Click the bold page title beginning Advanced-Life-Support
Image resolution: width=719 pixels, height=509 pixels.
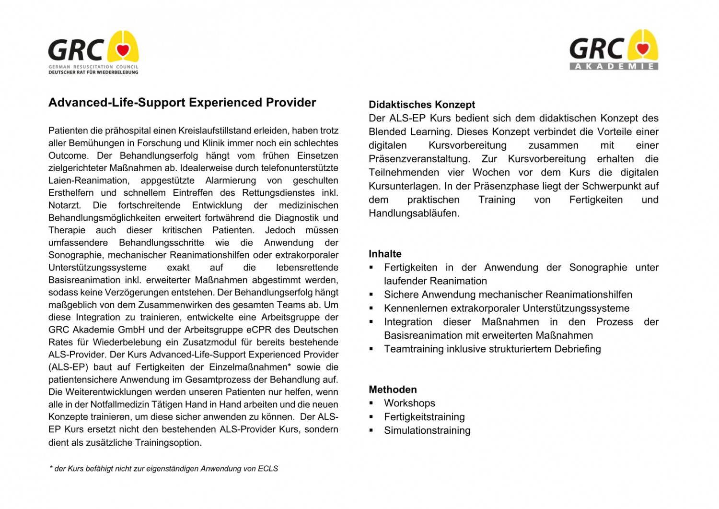tap(182, 103)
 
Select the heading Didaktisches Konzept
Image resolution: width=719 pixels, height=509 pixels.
tap(422, 105)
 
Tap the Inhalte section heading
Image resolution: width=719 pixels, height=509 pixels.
tap(385, 254)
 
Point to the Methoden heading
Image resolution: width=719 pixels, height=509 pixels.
tap(393, 390)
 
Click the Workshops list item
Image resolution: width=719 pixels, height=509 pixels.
tap(409, 403)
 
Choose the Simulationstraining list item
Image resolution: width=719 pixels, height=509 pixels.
tap(427, 430)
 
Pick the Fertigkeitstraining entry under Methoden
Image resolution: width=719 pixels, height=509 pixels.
tap(424, 417)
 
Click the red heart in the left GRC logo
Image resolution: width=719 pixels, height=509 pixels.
tap(123, 49)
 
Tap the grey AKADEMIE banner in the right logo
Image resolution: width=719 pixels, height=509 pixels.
tap(614, 66)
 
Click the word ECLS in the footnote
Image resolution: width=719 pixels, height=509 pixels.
tap(268, 469)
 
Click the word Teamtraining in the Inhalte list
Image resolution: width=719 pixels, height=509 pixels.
tap(414, 349)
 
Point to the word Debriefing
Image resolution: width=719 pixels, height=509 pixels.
tap(577, 349)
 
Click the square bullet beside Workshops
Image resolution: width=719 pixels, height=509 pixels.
tap(371, 403)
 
